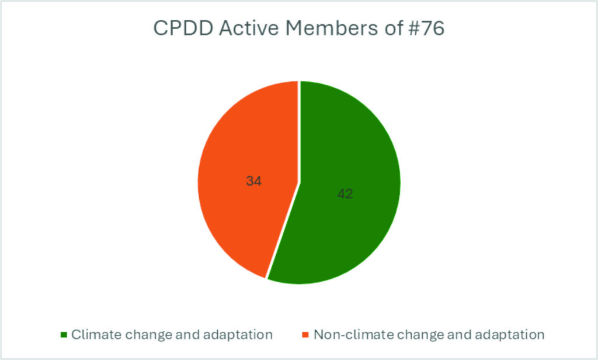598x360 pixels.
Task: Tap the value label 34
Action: (x=253, y=181)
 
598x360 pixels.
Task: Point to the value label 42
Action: (x=345, y=193)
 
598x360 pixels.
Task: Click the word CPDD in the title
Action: (x=183, y=28)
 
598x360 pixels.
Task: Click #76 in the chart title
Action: (x=426, y=28)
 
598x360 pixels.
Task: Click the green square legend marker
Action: (x=64, y=335)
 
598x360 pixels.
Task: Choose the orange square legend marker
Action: (x=305, y=335)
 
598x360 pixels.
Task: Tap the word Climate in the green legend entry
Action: (x=96, y=334)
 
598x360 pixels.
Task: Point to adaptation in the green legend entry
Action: (x=238, y=335)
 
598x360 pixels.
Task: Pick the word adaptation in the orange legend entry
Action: (x=509, y=335)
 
